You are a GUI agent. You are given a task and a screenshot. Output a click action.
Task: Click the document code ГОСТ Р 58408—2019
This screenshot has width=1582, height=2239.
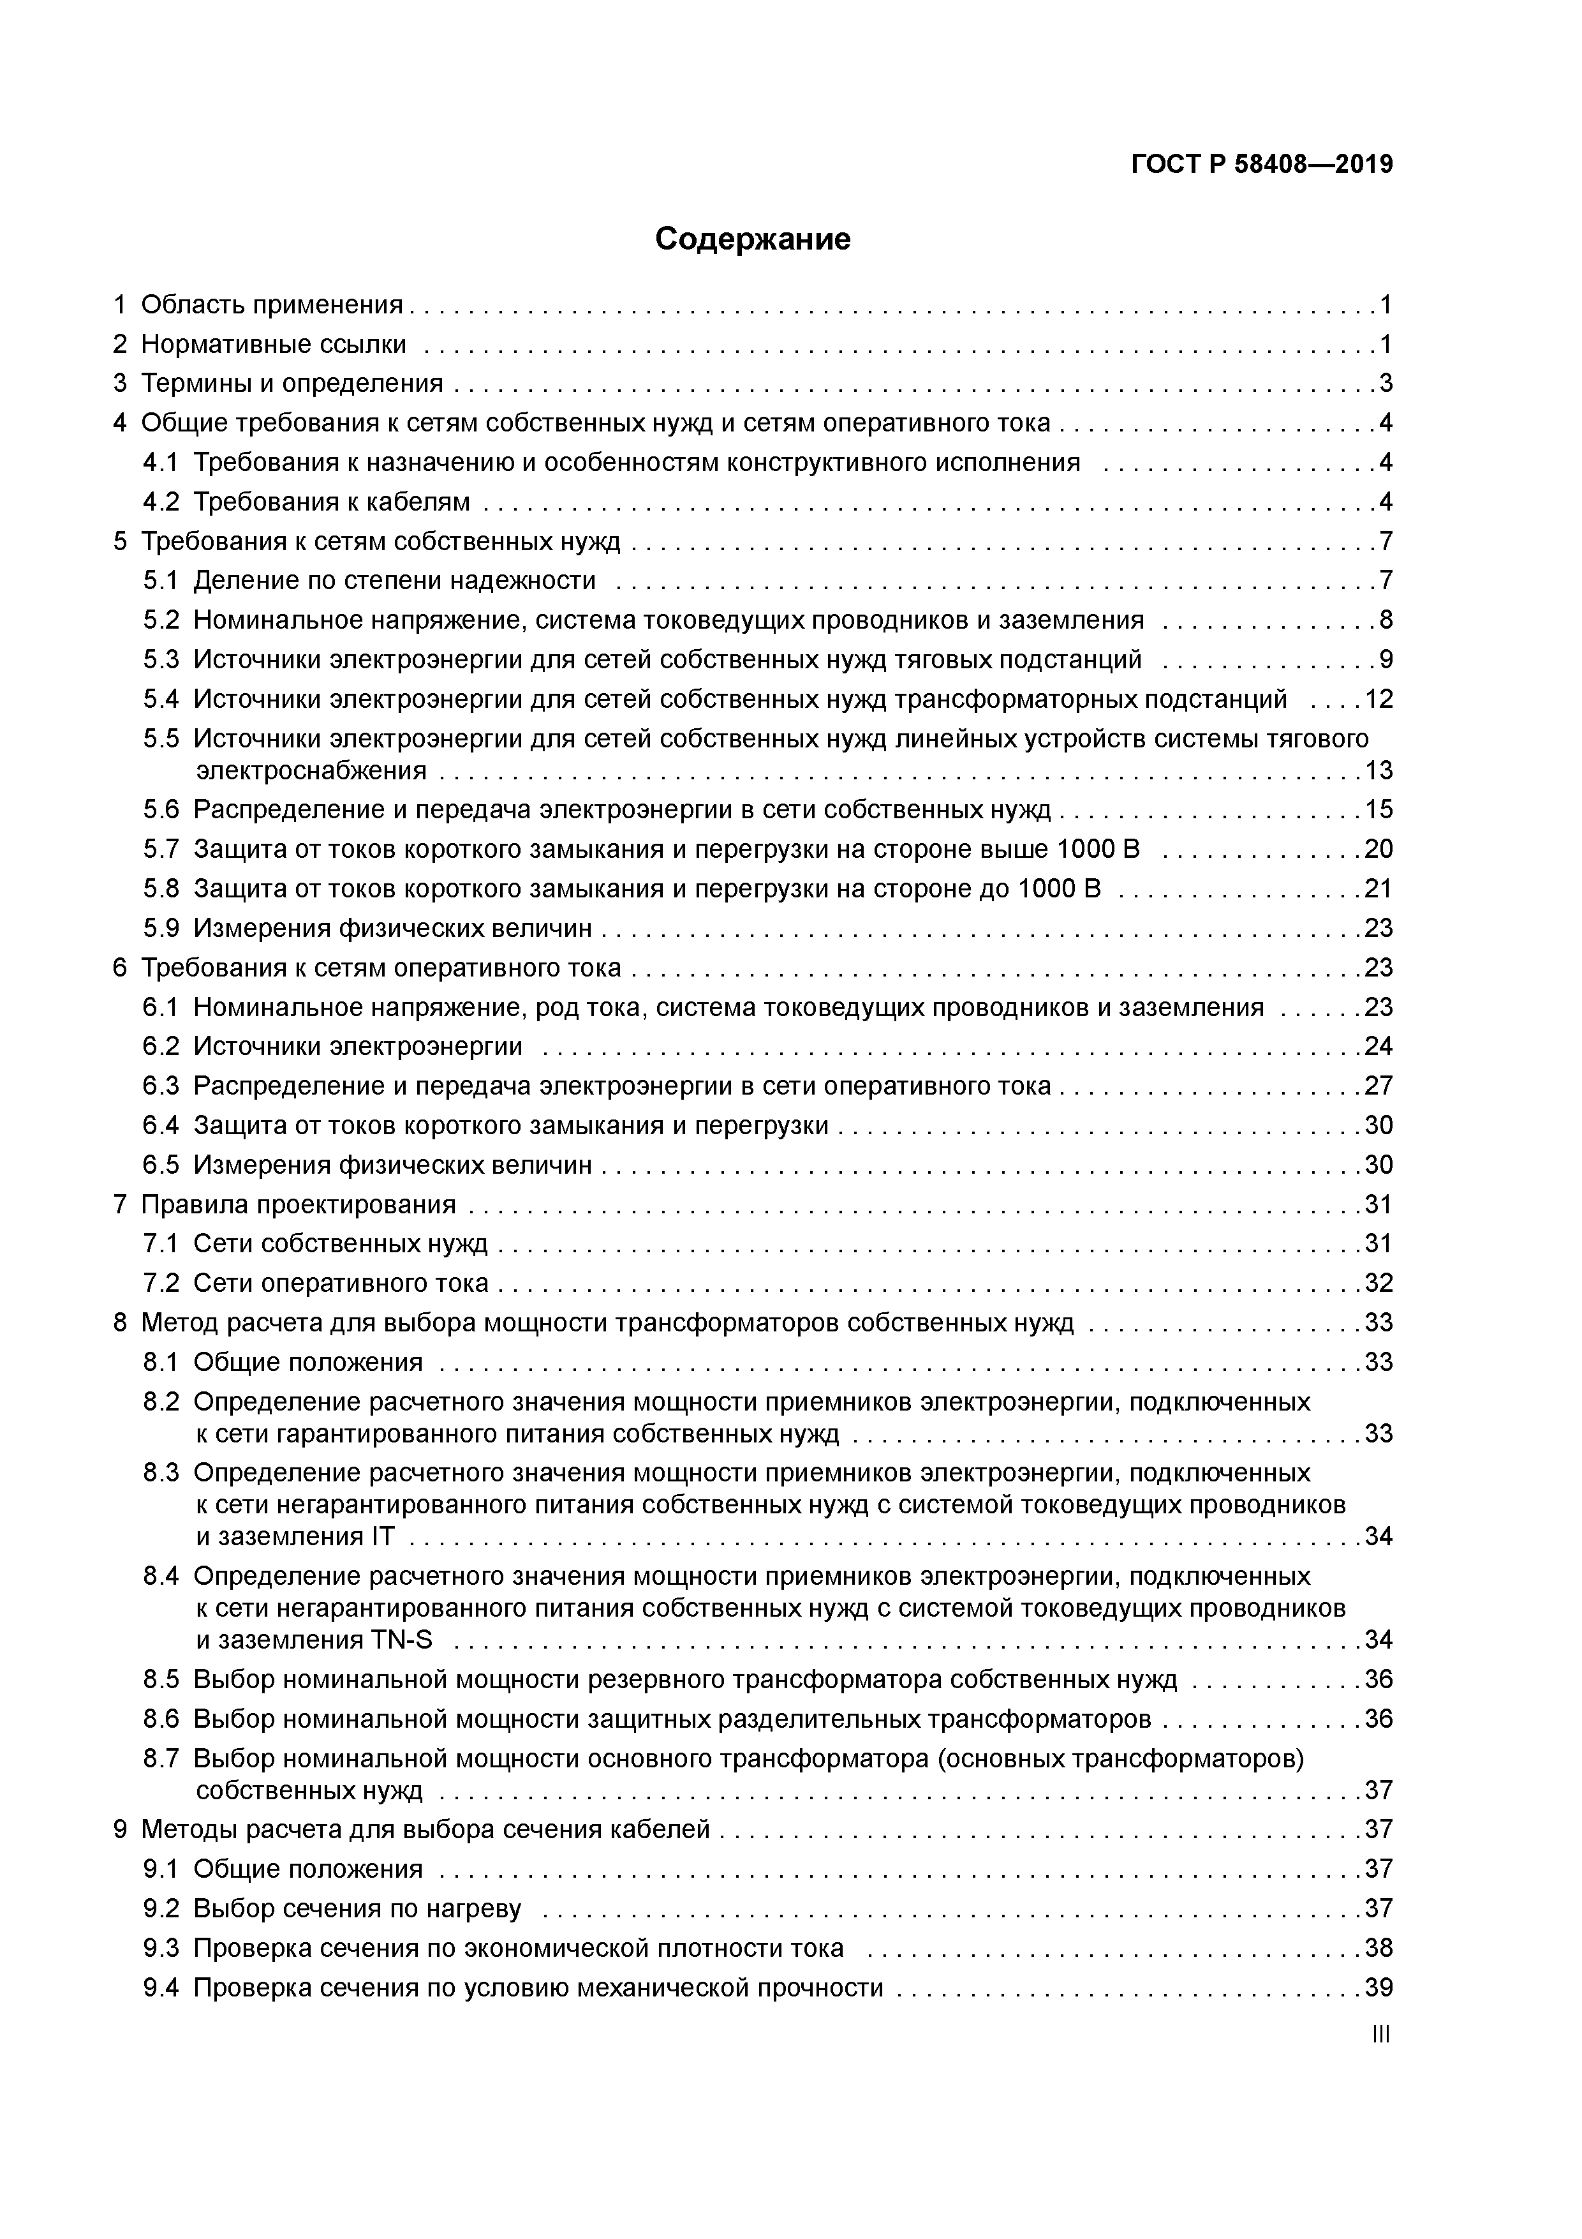(x=1262, y=165)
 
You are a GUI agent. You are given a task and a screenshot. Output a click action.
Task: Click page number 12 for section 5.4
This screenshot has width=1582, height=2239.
(x=1379, y=699)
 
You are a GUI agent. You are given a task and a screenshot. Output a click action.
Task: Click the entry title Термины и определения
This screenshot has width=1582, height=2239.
(x=292, y=383)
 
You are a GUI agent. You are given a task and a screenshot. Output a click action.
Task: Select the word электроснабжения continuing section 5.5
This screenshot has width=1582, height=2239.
(x=311, y=772)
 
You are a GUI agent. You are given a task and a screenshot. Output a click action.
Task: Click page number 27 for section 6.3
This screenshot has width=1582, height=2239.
(x=1379, y=1086)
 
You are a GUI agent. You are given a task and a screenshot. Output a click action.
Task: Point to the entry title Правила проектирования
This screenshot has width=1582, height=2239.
(x=299, y=1204)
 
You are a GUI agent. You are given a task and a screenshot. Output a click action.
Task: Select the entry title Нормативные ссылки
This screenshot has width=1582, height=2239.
(x=274, y=344)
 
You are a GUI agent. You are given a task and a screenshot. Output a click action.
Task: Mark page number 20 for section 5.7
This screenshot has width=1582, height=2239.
(x=1379, y=850)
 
